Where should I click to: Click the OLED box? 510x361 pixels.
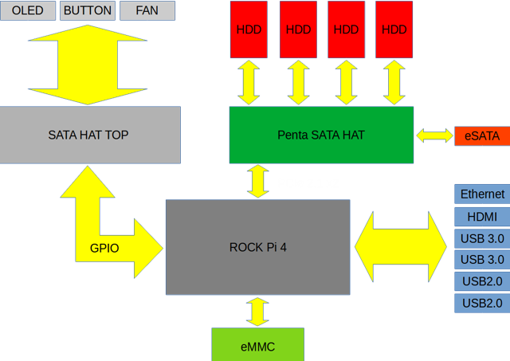coord(27,10)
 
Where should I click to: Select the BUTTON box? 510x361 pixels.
coord(88,10)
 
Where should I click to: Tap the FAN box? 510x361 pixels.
coord(147,10)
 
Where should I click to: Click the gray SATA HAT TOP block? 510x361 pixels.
coord(89,135)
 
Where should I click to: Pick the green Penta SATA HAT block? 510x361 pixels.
coord(321,135)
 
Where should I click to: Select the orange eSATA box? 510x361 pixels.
coord(481,135)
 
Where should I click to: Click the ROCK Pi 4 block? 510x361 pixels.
coord(257,247)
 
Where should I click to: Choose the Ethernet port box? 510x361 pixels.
coord(482,194)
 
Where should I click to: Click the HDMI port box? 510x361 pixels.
coord(482,216)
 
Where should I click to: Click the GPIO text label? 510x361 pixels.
coord(104,248)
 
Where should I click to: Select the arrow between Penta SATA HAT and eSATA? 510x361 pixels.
coord(433,135)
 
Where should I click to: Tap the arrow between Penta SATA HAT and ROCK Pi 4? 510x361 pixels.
coord(258,182)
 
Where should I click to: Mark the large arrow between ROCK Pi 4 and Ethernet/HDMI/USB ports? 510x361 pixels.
coord(401,247)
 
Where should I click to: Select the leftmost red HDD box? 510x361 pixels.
coord(249,29)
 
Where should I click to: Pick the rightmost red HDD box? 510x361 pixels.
coord(394,29)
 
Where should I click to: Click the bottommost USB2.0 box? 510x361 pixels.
coord(482,303)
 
